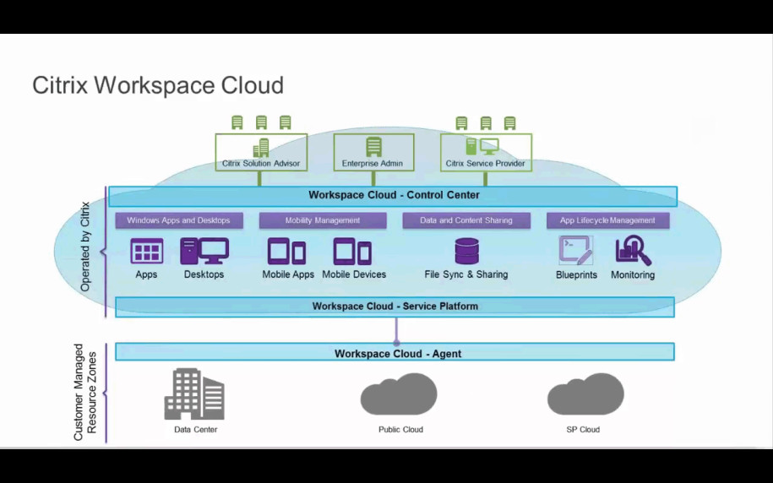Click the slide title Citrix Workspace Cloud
(158, 85)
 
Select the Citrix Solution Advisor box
(260, 153)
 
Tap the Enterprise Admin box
(373, 153)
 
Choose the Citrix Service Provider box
(486, 153)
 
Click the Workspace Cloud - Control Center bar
(393, 196)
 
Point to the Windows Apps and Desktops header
(178, 220)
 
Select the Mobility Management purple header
(322, 220)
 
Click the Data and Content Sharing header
(465, 220)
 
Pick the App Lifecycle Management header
(607, 220)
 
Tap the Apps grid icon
(146, 252)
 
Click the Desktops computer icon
(204, 252)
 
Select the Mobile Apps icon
(287, 252)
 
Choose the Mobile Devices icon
(352, 252)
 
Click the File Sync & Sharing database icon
(466, 252)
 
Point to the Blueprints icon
(576, 251)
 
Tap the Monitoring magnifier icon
(633, 251)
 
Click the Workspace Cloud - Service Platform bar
(395, 307)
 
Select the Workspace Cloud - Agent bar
(395, 353)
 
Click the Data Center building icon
(194, 394)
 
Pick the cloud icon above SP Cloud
(585, 395)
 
